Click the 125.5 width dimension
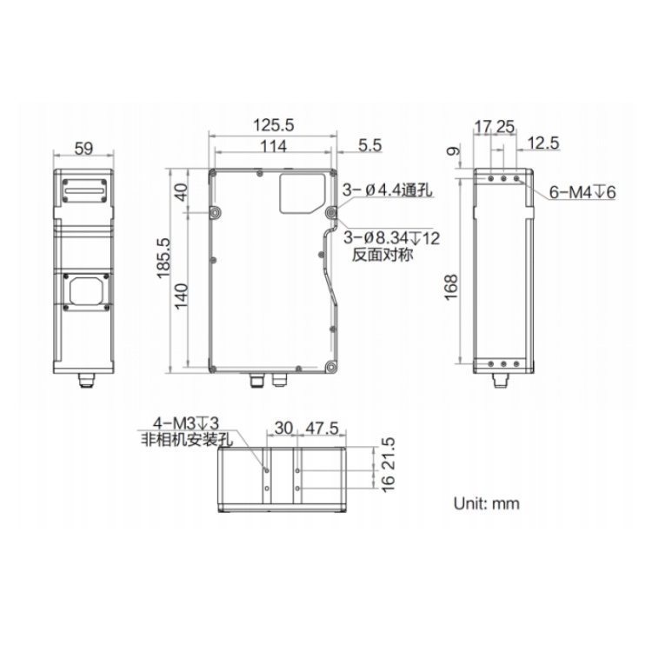pos(273,124)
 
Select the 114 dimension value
pos(273,146)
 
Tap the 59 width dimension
pos(83,149)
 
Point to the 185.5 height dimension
pos(163,258)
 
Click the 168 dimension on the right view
pos(451,287)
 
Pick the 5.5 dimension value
pos(369,145)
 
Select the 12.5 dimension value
pos(543,143)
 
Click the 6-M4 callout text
pos(582,192)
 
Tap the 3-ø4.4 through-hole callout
pos(387,190)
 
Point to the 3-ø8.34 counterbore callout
pos(391,238)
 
